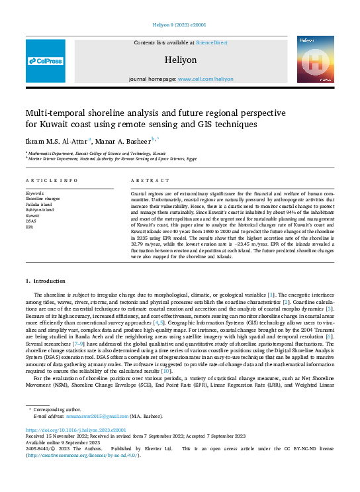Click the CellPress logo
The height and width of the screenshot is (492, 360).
click(46, 61)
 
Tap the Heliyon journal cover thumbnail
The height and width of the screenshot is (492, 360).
click(314, 60)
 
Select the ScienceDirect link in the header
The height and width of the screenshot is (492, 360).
click(211, 42)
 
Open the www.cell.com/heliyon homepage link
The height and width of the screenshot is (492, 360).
click(205, 79)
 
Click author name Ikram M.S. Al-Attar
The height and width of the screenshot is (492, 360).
click(56, 141)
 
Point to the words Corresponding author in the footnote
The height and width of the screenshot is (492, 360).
click(56, 410)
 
